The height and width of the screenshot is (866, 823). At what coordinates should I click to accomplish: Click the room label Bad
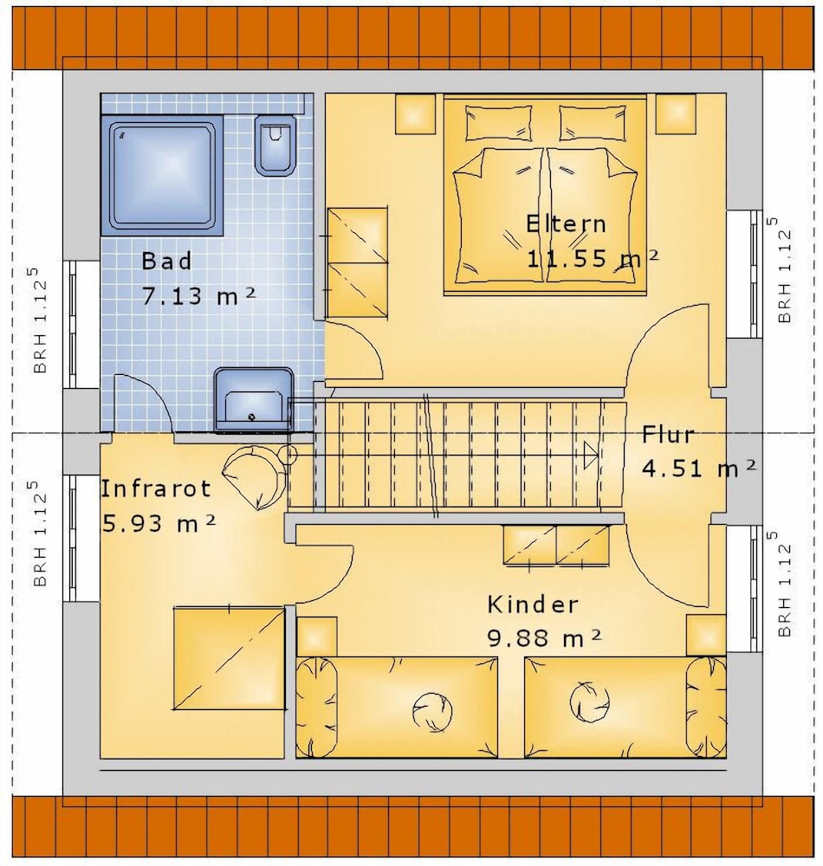(167, 261)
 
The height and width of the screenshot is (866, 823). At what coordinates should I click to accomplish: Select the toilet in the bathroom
(274, 145)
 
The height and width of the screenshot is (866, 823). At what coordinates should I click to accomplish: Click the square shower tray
(162, 176)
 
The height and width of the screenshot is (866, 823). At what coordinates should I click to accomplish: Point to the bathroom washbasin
(254, 399)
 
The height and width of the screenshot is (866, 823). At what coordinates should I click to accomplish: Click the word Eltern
(566, 223)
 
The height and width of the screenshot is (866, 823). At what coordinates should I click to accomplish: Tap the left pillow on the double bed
(500, 123)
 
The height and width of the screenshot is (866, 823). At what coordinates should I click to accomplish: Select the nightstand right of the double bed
(675, 113)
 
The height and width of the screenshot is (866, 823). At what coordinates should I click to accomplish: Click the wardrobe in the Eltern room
(357, 263)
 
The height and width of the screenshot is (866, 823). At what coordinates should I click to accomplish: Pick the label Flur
(668, 435)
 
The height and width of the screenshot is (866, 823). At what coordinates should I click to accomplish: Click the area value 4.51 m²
(698, 468)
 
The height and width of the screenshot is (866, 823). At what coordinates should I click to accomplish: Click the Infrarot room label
(156, 488)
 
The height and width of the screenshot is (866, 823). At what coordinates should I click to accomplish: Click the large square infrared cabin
(230, 658)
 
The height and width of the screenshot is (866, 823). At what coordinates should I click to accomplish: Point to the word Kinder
(533, 604)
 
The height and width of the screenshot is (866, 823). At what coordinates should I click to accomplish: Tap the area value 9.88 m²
(544, 638)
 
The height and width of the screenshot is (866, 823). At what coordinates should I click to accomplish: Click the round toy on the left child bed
(432, 708)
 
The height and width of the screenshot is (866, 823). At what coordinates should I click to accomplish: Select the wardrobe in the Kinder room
(555, 545)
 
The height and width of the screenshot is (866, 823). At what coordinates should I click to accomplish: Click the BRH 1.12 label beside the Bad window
(39, 320)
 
